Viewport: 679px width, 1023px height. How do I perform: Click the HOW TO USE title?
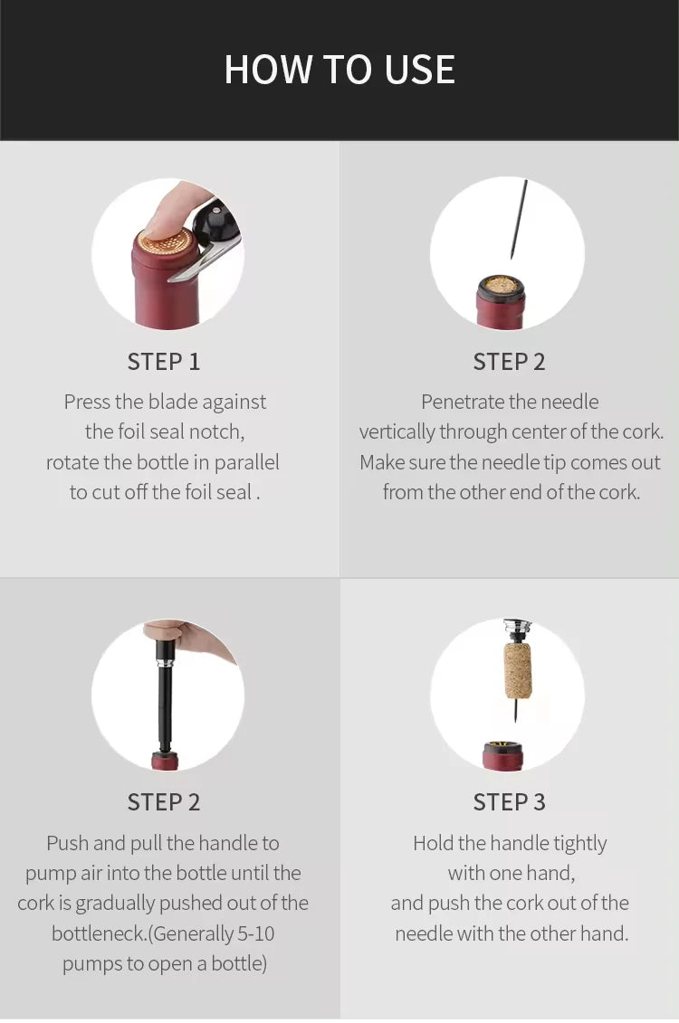point(339,70)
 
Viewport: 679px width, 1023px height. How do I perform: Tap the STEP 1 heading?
point(164,362)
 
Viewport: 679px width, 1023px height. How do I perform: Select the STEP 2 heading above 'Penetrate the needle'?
point(509,362)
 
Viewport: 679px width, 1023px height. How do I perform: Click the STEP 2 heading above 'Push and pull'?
point(164,801)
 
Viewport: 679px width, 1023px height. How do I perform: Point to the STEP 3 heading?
point(509,801)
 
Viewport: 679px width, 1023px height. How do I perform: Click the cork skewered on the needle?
point(518,670)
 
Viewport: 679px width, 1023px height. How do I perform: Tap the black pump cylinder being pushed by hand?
point(165,696)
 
